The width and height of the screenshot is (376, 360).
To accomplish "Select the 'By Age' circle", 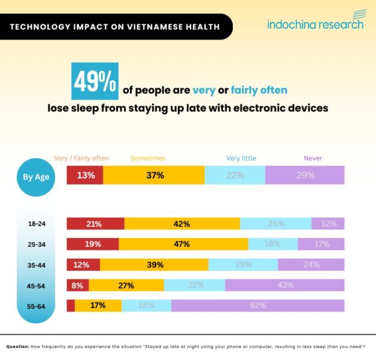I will [36, 177].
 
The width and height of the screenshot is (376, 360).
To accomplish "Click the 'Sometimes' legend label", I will [148, 158].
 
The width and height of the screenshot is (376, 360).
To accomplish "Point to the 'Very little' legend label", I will [241, 158].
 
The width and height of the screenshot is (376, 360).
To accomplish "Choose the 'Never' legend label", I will [313, 158].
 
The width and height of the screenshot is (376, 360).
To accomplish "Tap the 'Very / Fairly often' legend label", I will [82, 158].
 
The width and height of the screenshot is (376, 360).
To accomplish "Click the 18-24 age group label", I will [36, 224].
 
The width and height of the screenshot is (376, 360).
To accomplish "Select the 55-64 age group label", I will [36, 306].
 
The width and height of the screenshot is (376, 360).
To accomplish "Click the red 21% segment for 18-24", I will [95, 224].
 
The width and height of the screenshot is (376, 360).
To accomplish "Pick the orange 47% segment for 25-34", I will [182, 244].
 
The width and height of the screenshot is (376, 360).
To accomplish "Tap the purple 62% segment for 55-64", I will [257, 306].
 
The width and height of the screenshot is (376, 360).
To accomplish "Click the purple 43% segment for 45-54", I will [285, 285].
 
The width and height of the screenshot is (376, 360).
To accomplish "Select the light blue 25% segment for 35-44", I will [243, 264].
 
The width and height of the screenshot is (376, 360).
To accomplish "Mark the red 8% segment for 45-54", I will [77, 285].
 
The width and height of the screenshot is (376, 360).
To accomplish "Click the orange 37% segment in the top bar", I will [154, 176].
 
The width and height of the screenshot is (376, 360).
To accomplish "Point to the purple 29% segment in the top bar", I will [305, 176].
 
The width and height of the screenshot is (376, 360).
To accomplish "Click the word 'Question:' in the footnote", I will [17, 346].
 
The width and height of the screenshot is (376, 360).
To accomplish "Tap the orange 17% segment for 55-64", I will [98, 306].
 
